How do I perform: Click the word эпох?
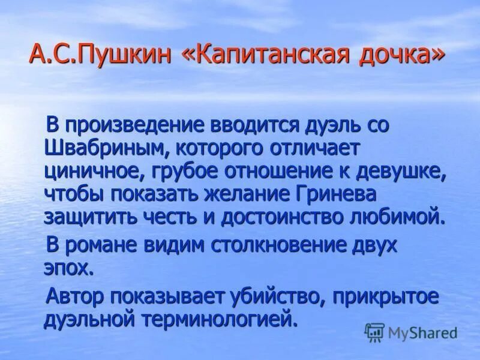68,266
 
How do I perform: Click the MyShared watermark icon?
374,332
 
